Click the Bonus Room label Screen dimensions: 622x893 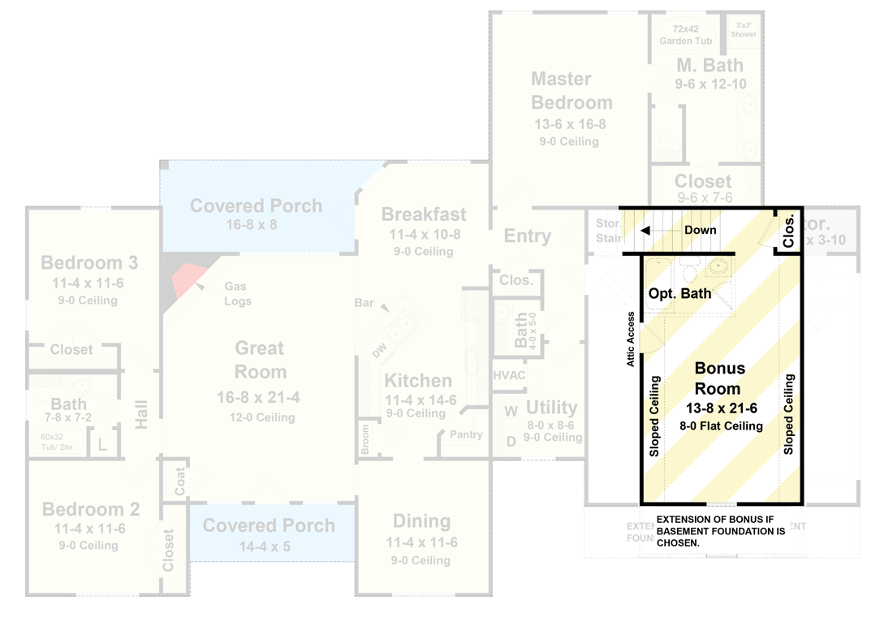coord(719,378)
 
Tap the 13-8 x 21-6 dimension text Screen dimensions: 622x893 coord(721,408)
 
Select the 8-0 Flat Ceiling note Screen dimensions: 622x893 coord(721,425)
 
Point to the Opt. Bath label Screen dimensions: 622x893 coord(679,293)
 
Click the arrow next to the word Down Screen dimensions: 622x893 coord(646,231)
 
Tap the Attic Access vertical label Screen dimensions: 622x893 coord(631,339)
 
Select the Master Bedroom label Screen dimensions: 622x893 coord(572,91)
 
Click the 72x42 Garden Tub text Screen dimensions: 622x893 coord(686,34)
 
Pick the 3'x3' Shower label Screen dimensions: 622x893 coord(743,29)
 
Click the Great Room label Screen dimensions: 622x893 coord(260,360)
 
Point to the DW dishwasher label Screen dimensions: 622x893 coord(379,351)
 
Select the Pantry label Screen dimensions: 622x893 coord(466,434)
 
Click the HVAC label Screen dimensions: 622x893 coord(509,376)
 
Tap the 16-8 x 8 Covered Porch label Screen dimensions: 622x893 coord(257,214)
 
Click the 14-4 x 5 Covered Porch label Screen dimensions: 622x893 coord(269,533)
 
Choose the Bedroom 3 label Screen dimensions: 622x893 coord(89,263)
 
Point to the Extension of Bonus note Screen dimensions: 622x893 coord(720,531)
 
